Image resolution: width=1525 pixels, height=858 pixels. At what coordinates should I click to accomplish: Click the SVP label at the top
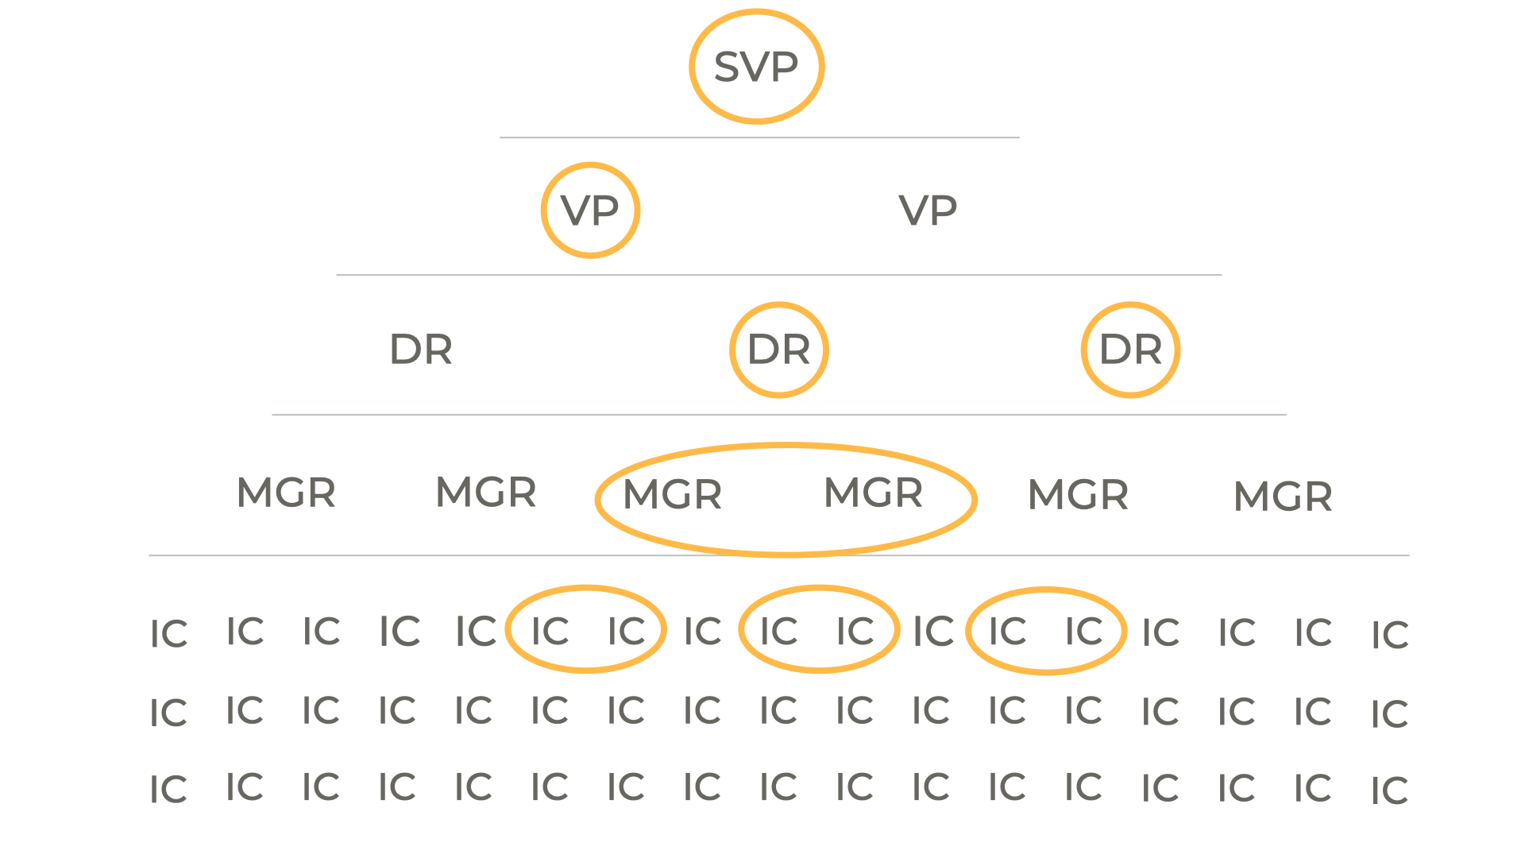(x=756, y=67)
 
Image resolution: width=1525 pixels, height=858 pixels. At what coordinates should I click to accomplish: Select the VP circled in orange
(x=590, y=211)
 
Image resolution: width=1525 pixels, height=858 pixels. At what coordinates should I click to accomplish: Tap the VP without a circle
(x=928, y=211)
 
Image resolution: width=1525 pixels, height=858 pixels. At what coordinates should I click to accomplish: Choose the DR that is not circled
(x=421, y=350)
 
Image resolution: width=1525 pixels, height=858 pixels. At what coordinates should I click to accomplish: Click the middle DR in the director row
(x=779, y=350)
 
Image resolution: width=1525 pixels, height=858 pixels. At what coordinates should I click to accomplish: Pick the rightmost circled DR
(x=1130, y=350)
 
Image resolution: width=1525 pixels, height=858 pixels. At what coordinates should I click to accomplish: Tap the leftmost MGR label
(x=286, y=493)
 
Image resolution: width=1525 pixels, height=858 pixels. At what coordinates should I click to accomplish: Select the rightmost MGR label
(x=1283, y=497)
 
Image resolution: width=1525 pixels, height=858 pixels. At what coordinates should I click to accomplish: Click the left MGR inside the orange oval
(x=673, y=494)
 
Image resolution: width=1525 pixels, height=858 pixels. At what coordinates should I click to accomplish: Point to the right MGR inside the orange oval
(x=874, y=493)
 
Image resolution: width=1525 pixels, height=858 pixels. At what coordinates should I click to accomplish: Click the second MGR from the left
(x=486, y=492)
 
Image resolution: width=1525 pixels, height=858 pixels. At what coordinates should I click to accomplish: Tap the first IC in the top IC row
(x=168, y=634)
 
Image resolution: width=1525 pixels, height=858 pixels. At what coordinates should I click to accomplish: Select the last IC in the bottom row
(x=1389, y=790)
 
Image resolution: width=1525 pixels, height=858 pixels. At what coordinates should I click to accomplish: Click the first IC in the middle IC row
(x=168, y=713)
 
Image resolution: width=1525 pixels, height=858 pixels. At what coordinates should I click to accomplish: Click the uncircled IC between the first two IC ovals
(x=702, y=632)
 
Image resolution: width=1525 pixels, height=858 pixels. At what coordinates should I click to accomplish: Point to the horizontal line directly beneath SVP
(x=759, y=137)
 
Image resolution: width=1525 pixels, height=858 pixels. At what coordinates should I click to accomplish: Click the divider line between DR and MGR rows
(x=778, y=415)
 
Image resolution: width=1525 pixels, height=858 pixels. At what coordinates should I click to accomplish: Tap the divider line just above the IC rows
(x=778, y=555)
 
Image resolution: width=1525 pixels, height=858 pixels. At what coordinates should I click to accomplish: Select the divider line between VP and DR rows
(x=778, y=275)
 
